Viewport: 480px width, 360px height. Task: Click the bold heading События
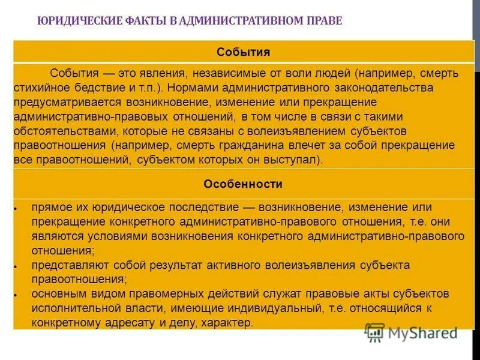pos(243,52)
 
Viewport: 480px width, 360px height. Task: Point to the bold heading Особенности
pos(243,184)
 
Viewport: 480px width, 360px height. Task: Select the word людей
pos(329,74)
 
